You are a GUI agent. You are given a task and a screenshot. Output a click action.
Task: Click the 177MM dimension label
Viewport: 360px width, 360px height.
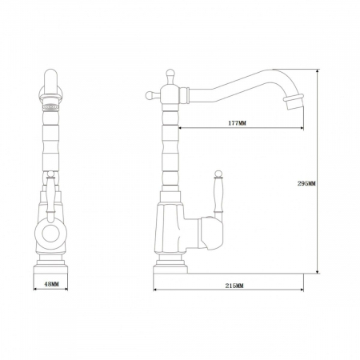(x=237, y=123)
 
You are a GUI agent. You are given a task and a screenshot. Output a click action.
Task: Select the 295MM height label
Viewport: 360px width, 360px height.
(x=306, y=183)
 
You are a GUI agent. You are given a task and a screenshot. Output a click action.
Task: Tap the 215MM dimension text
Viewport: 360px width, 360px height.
(x=234, y=286)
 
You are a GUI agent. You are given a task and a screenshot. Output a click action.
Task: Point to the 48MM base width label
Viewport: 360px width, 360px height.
(x=51, y=284)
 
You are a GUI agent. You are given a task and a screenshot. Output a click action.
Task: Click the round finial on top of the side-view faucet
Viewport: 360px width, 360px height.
(x=170, y=73)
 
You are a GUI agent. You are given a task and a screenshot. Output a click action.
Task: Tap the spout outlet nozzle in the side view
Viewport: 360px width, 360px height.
(x=294, y=102)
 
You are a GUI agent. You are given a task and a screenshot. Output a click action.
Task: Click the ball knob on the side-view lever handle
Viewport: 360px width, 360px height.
(x=218, y=174)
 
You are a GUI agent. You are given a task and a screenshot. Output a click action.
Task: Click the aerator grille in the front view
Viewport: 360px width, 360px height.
(x=51, y=107)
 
